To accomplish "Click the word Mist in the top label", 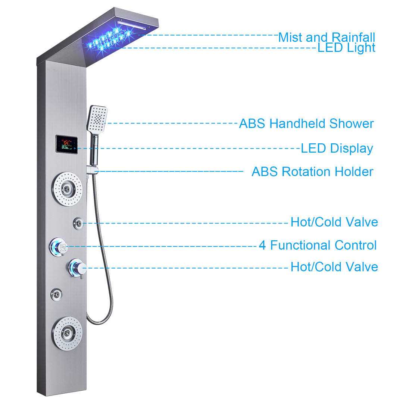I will (290, 37).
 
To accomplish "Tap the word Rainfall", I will (354, 37).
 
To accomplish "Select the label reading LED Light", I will (346, 48).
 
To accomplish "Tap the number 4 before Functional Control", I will (263, 245).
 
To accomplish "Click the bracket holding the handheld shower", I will (93, 171).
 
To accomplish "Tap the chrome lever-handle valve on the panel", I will (77, 267).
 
